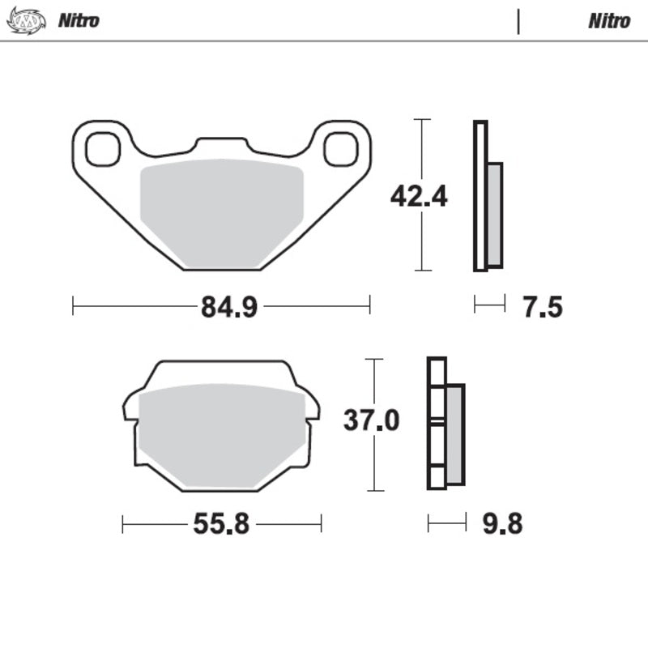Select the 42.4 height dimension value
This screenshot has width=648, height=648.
click(419, 196)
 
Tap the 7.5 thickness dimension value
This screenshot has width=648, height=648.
click(542, 307)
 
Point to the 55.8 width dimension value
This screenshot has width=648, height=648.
click(220, 525)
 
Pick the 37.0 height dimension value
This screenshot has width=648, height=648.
click(372, 421)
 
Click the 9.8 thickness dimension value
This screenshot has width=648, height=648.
click(502, 525)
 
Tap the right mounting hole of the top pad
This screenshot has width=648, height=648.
click(340, 148)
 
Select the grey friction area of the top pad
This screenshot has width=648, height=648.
click(221, 215)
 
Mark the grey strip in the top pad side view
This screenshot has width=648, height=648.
click(494, 215)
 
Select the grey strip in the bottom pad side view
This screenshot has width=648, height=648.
click(455, 434)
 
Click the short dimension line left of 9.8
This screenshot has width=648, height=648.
click(447, 524)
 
